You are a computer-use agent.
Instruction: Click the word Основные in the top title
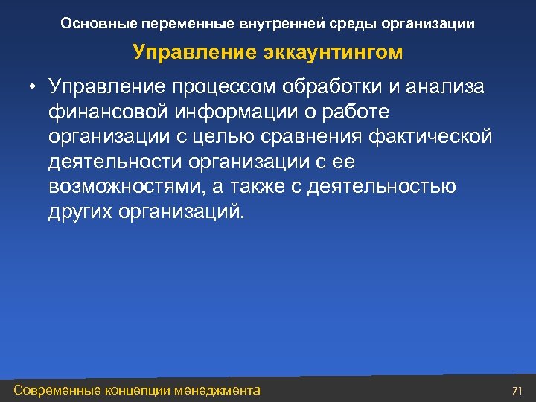(x=92, y=24)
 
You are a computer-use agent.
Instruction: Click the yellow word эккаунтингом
(x=332, y=53)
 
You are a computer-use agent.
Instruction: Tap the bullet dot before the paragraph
(x=33, y=88)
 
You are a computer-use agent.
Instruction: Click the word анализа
(x=446, y=87)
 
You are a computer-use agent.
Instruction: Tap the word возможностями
(x=118, y=186)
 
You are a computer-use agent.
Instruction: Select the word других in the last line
(x=77, y=211)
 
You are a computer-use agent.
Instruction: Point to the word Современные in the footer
(x=59, y=390)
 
